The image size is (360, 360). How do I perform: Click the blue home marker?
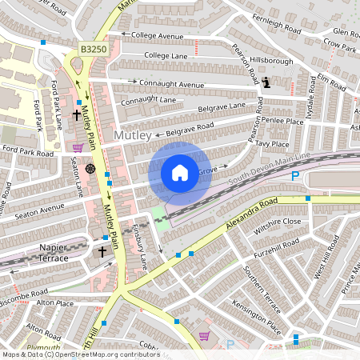(180, 173)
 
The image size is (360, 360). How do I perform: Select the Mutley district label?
(133, 136)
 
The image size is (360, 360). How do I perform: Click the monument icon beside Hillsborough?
(266, 81)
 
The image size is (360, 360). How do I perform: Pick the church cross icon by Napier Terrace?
(102, 252)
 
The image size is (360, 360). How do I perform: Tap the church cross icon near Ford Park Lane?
(76, 115)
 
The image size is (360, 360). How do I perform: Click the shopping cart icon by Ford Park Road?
(78, 147)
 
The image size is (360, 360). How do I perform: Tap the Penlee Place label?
(282, 120)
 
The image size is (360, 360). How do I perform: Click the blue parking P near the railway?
(295, 175)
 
